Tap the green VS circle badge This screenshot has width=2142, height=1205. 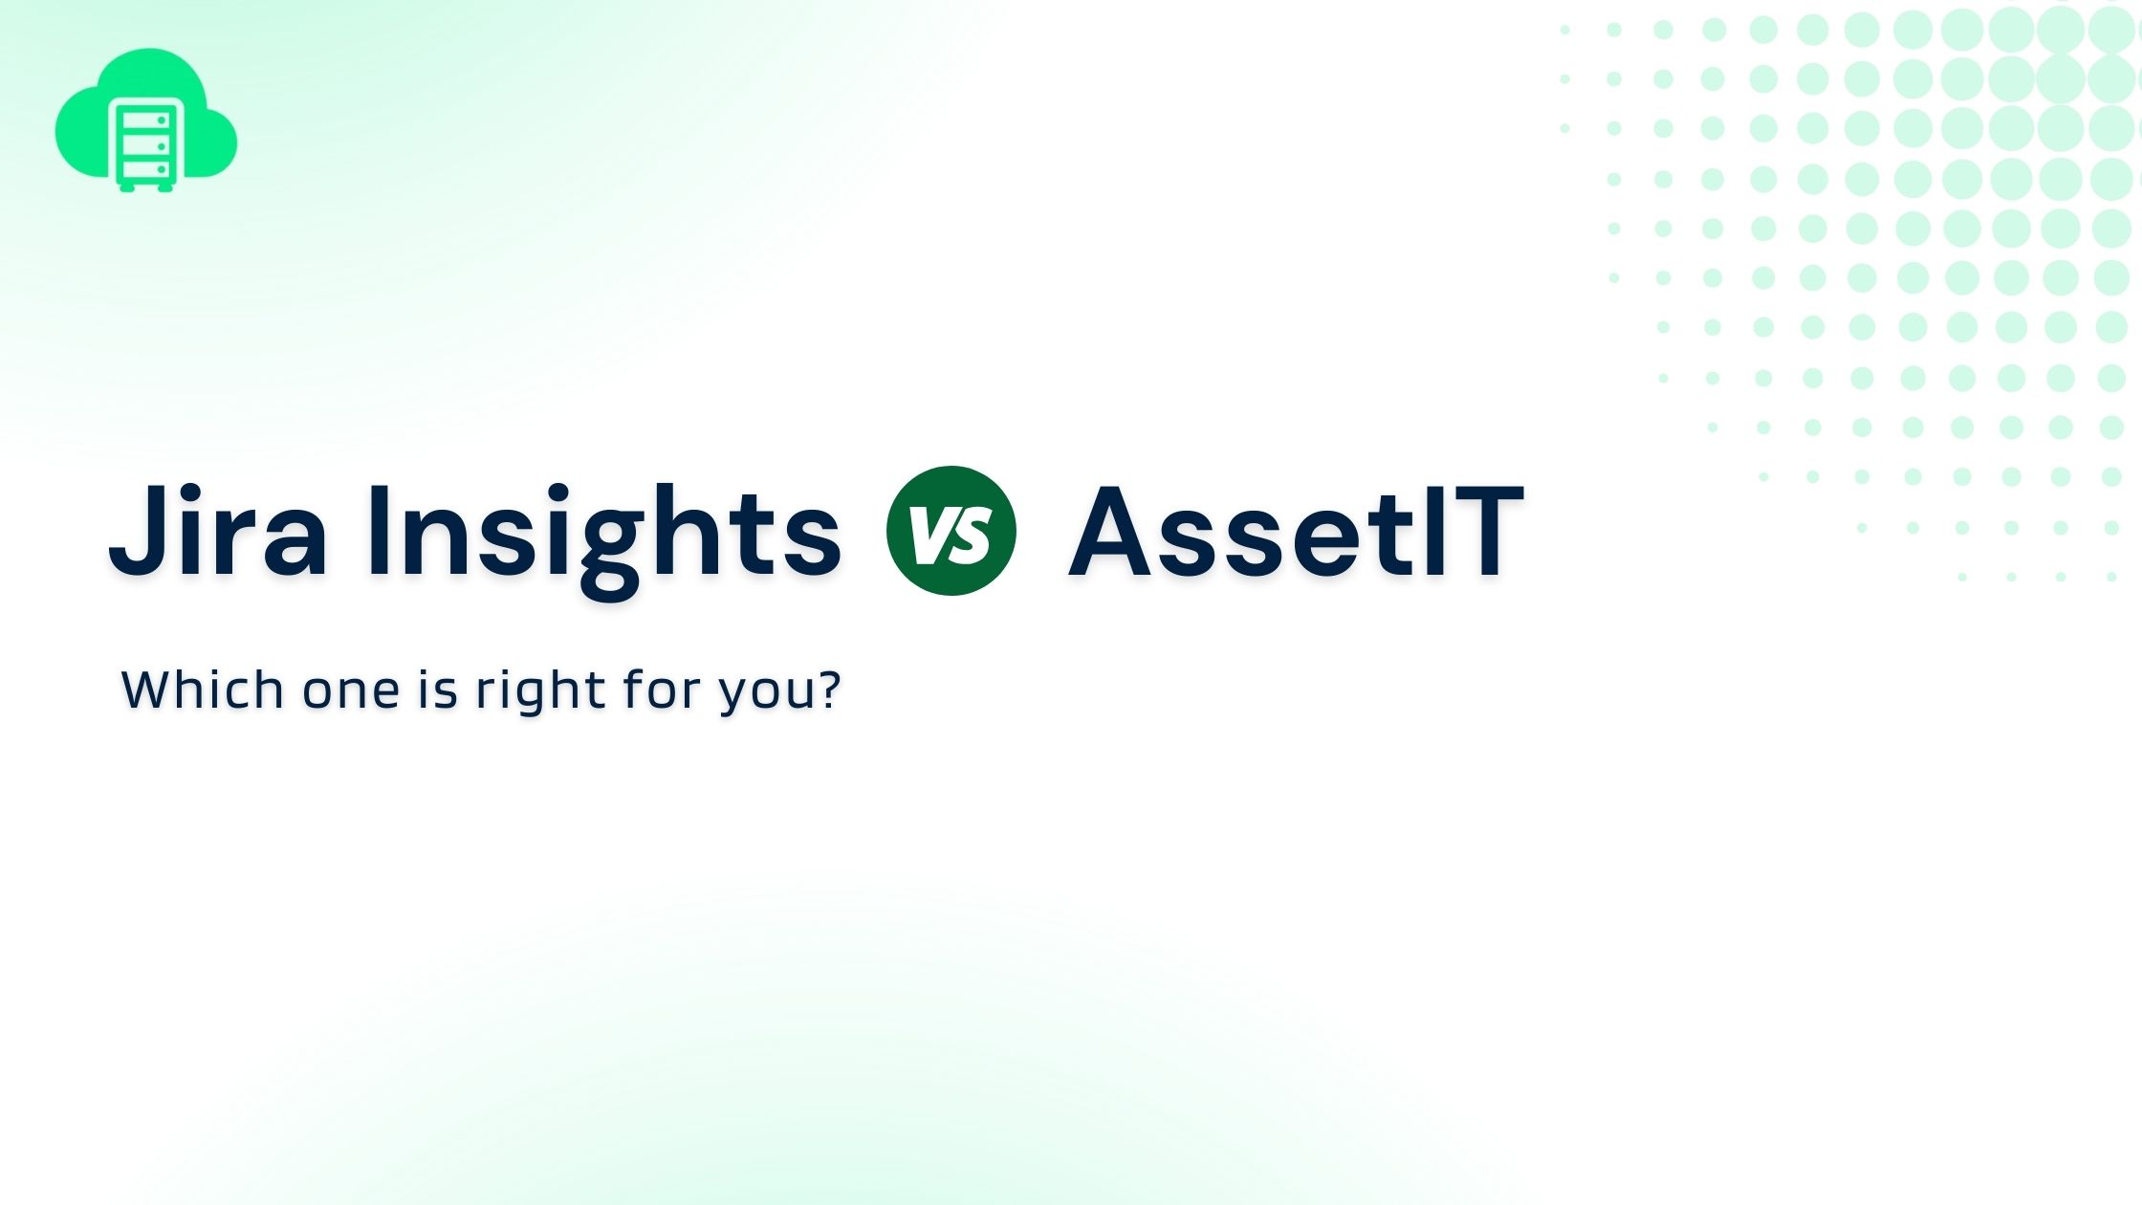tap(951, 531)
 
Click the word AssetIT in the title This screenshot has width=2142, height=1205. tap(1296, 532)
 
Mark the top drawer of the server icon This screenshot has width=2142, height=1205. tap(145, 120)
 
